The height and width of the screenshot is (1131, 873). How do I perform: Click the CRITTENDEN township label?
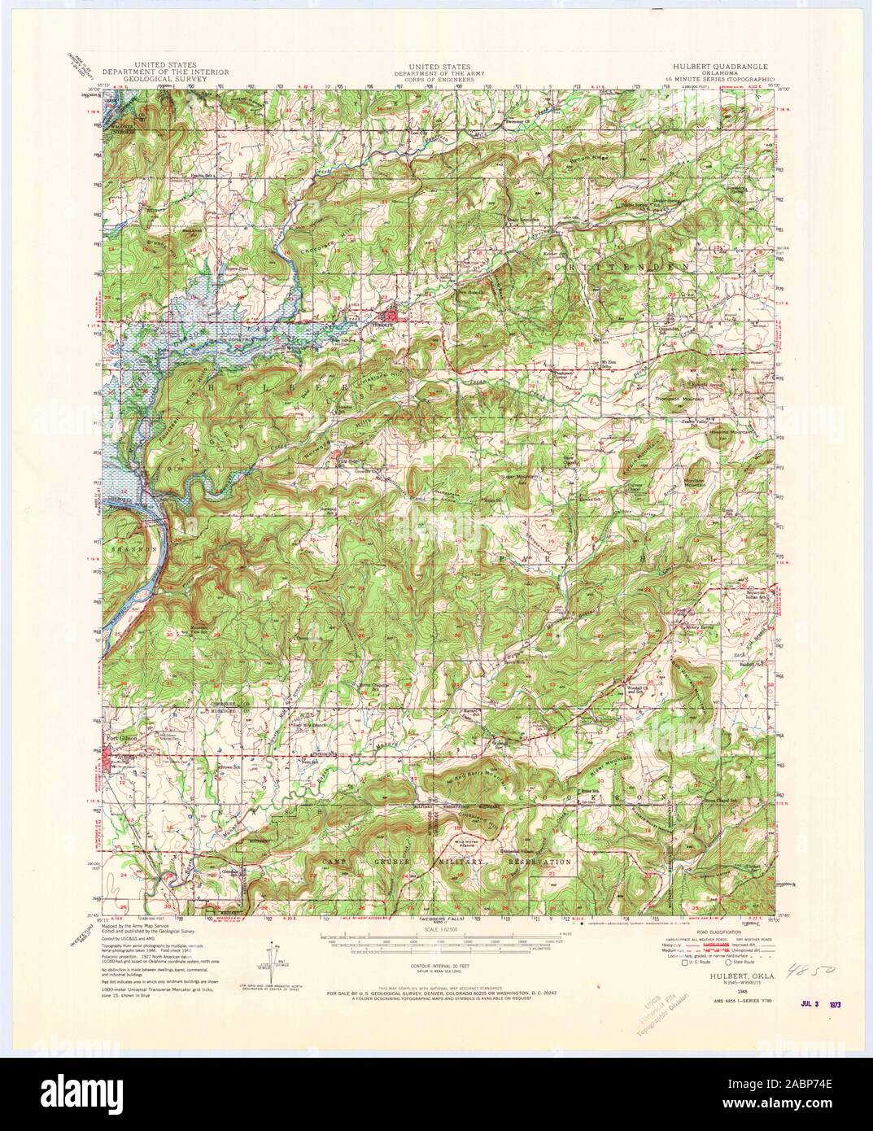click(626, 266)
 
